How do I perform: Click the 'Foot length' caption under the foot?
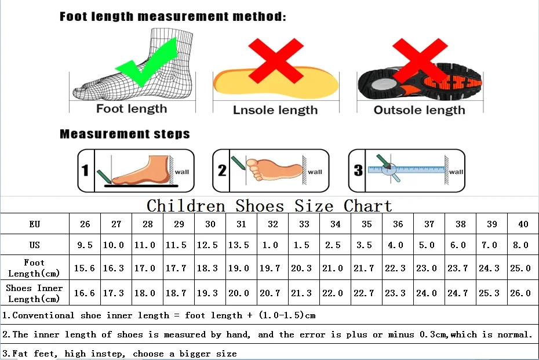[x=132, y=109]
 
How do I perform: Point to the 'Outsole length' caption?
[x=419, y=110]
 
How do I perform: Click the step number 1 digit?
[x=85, y=170]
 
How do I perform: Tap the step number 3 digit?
[x=358, y=170]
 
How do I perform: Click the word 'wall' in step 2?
[x=315, y=172]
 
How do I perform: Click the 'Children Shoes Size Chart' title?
[x=269, y=206]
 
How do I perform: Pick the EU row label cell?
[x=35, y=224]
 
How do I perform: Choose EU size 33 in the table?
[x=304, y=224]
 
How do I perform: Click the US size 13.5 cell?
[x=241, y=245]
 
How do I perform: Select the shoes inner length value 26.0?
[x=520, y=293]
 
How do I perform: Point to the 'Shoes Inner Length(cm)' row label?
[x=35, y=293]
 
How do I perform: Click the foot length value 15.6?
[x=85, y=268]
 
